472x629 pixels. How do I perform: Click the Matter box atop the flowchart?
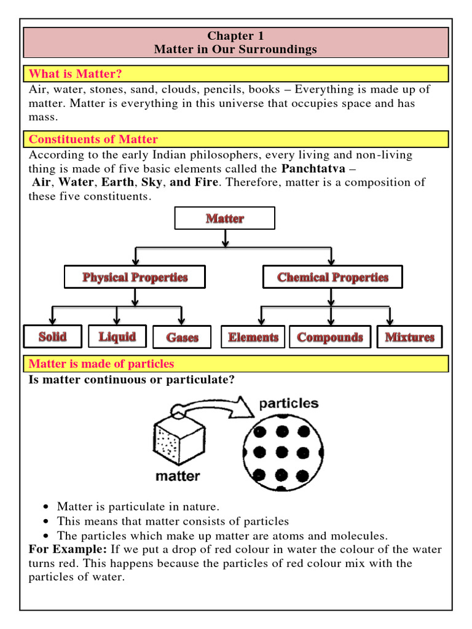pyautogui.click(x=225, y=218)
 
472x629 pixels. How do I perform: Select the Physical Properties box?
pyautogui.click(x=135, y=276)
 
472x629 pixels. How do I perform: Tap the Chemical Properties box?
pyautogui.click(x=332, y=276)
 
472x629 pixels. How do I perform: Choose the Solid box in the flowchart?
pyautogui.click(x=52, y=336)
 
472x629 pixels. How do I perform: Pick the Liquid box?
pyautogui.click(x=117, y=336)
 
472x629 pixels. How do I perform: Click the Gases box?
pyautogui.click(x=182, y=337)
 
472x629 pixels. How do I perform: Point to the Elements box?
pyautogui.click(x=253, y=337)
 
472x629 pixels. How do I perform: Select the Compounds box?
pyautogui.click(x=330, y=337)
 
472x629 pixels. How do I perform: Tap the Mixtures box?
pyautogui.click(x=409, y=337)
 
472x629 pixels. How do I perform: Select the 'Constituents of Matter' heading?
pyautogui.click(x=93, y=139)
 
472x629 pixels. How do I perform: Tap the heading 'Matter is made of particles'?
pyautogui.click(x=102, y=364)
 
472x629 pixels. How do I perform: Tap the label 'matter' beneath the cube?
pyautogui.click(x=177, y=475)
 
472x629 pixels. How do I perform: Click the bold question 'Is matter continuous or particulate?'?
pyautogui.click(x=132, y=380)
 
